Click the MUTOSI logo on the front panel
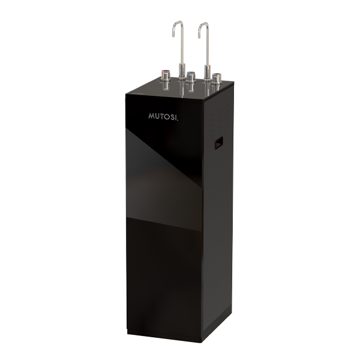click(x=163, y=116)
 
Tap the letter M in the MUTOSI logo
click(x=152, y=115)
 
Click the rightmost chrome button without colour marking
click(x=216, y=79)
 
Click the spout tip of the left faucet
click(x=173, y=35)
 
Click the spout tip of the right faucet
click(x=199, y=37)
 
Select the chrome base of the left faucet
click(x=182, y=72)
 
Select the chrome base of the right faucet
click(x=207, y=73)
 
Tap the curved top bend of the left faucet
click(x=178, y=23)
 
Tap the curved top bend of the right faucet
click(x=203, y=24)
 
